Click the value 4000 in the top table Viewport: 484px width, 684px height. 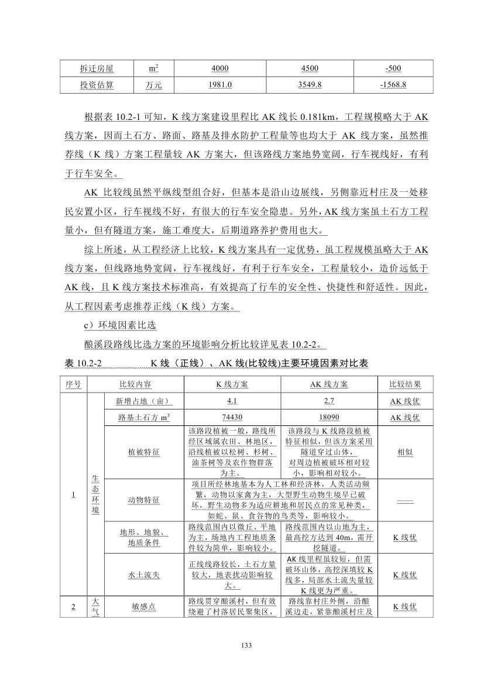220,68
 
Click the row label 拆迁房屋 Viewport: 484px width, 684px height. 97,68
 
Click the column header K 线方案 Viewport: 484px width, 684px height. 232,384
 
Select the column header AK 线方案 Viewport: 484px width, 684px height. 329,384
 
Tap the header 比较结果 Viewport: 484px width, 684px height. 404,384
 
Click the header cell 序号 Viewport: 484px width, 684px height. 73,384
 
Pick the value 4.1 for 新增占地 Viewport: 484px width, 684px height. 232,401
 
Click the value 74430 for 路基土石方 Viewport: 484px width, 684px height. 232,417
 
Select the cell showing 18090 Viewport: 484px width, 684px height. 329,417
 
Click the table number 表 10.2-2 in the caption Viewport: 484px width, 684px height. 84,363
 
